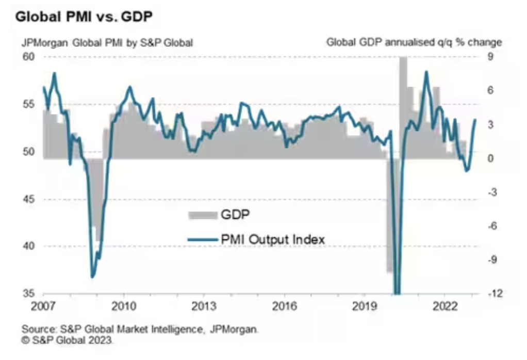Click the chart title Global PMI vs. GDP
(85, 17)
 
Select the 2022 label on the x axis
(445, 306)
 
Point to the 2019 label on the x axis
(365, 306)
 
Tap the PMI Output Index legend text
(273, 239)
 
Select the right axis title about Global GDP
(414, 43)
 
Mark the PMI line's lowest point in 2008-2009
(93, 277)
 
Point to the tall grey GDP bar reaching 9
(403, 103)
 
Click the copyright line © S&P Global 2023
(67, 340)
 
